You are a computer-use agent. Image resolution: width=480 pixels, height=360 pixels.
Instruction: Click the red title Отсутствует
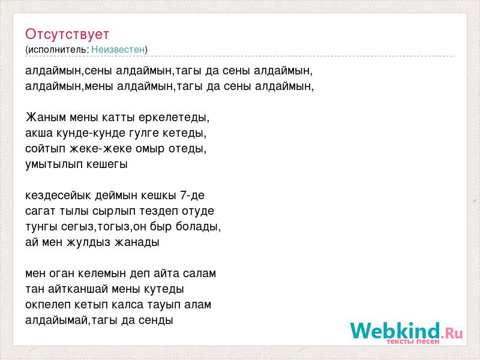pyautogui.click(x=67, y=34)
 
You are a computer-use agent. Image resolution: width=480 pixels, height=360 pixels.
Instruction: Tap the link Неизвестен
pyautogui.click(x=118, y=49)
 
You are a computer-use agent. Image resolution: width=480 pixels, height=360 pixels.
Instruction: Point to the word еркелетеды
pyautogui.click(x=174, y=118)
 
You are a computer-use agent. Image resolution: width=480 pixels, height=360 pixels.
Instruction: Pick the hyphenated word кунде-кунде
pyautogui.click(x=91, y=133)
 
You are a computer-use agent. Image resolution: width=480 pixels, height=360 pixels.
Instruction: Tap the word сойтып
pyautogui.click(x=46, y=149)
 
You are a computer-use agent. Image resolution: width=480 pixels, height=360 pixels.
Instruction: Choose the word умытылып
pyautogui.click(x=54, y=164)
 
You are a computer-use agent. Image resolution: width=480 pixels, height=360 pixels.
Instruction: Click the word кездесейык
pyautogui.click(x=58, y=196)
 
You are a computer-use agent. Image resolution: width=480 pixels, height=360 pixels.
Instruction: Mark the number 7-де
pyautogui.click(x=192, y=196)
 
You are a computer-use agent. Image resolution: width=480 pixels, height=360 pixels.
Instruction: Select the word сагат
pyautogui.click(x=41, y=211)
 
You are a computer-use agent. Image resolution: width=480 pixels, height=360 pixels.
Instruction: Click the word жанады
pyautogui.click(x=137, y=242)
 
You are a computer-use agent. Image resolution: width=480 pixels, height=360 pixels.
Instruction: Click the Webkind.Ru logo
pyautogui.click(x=407, y=332)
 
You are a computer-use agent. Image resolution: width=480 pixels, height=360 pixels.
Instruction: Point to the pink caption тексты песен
pyautogui.click(x=413, y=341)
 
